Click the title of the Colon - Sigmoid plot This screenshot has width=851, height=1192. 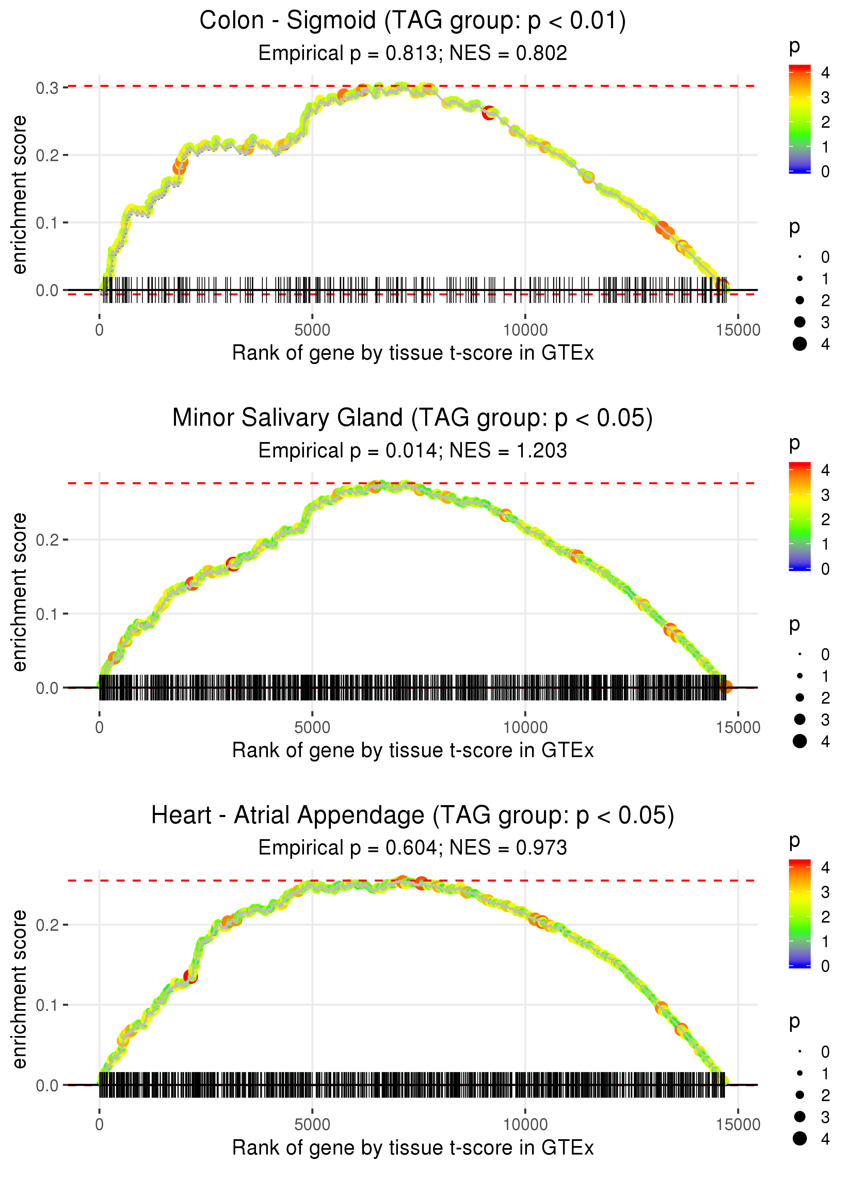(413, 21)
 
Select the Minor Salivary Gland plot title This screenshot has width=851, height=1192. (413, 418)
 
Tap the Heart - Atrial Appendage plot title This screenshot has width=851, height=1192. (413, 816)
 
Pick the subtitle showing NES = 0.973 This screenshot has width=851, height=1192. (413, 848)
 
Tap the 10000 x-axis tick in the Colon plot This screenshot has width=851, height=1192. (525, 330)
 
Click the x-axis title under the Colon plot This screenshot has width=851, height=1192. (413, 353)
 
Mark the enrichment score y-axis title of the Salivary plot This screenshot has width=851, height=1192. (19, 592)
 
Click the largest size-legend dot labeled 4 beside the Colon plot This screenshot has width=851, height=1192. (800, 344)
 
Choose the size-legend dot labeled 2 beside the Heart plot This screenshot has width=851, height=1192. (800, 1095)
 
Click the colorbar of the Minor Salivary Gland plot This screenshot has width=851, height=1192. (800, 516)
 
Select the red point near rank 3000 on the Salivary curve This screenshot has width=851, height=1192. (232, 564)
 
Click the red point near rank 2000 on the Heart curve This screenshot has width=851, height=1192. (191, 976)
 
